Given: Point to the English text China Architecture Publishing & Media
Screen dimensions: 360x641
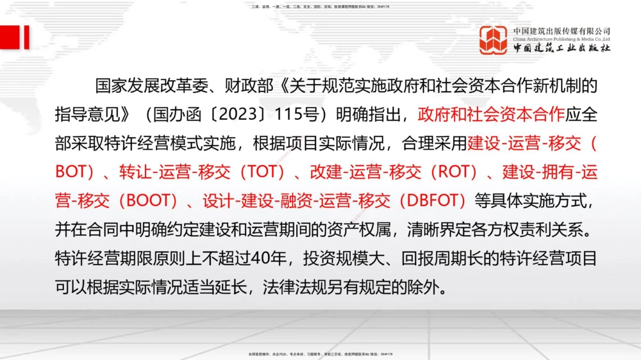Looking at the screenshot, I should pyautogui.click(x=562, y=38).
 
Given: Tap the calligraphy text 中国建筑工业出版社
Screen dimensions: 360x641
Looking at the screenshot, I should pyautogui.click(x=562, y=48).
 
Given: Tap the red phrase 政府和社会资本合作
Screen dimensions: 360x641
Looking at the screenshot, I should pyautogui.click(x=491, y=115).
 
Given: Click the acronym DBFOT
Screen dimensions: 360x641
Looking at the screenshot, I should pyautogui.click(x=432, y=201).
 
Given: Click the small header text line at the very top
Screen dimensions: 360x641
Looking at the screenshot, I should pyautogui.click(x=320, y=6).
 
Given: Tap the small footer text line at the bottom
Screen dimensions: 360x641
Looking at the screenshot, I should pyautogui.click(x=320, y=354).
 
